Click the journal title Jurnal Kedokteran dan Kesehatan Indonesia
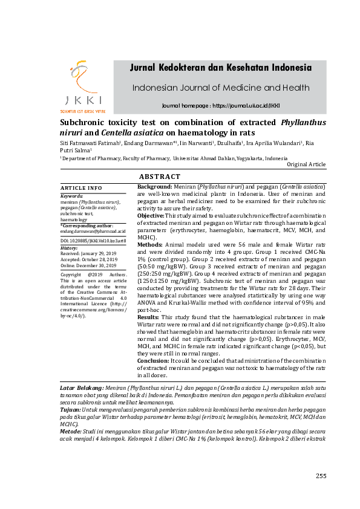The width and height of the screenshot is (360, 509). (220, 67)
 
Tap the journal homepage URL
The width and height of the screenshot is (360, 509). (221, 106)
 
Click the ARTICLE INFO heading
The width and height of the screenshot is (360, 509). (82, 188)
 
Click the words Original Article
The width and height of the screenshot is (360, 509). (306, 164)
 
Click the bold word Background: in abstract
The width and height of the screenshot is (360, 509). (155, 187)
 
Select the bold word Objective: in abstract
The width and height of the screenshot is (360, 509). (151, 215)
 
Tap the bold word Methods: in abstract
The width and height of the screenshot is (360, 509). (149, 244)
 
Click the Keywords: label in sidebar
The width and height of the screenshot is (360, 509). (72, 196)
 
